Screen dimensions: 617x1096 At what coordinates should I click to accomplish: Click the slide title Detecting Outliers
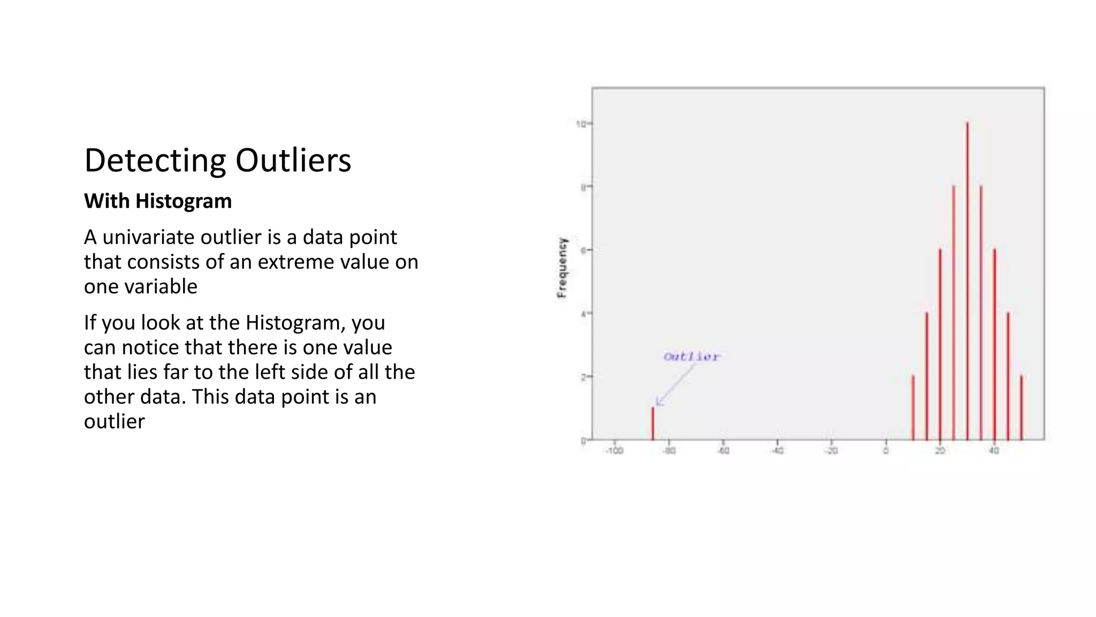pyautogui.click(x=217, y=160)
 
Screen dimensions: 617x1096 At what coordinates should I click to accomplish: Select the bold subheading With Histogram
pyautogui.click(x=158, y=201)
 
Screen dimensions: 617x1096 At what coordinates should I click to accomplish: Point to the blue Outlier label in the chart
pyautogui.click(x=691, y=357)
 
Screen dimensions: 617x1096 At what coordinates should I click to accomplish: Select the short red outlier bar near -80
pyautogui.click(x=652, y=424)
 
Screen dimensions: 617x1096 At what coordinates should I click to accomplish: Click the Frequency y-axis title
pyautogui.click(x=561, y=268)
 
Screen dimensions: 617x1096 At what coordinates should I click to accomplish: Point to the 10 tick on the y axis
pyautogui.click(x=581, y=124)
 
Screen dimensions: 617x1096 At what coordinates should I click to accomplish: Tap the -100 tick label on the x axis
pyautogui.click(x=614, y=451)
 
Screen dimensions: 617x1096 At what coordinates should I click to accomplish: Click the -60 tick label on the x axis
pyautogui.click(x=723, y=451)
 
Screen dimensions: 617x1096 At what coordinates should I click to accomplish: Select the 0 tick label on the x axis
pyautogui.click(x=886, y=451)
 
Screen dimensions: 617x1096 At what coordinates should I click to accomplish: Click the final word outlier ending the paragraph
pyautogui.click(x=114, y=422)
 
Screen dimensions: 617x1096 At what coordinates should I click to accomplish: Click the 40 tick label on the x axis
pyautogui.click(x=994, y=451)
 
